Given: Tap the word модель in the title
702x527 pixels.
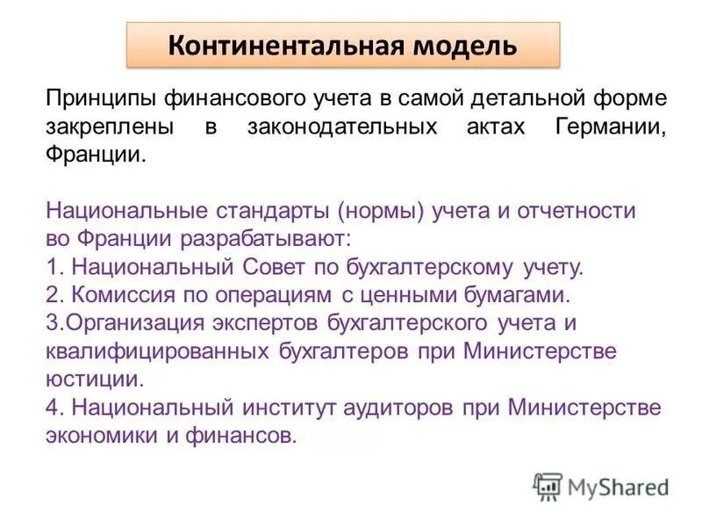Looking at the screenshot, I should point(462,45).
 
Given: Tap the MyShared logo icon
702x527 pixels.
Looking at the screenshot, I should point(548,486).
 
